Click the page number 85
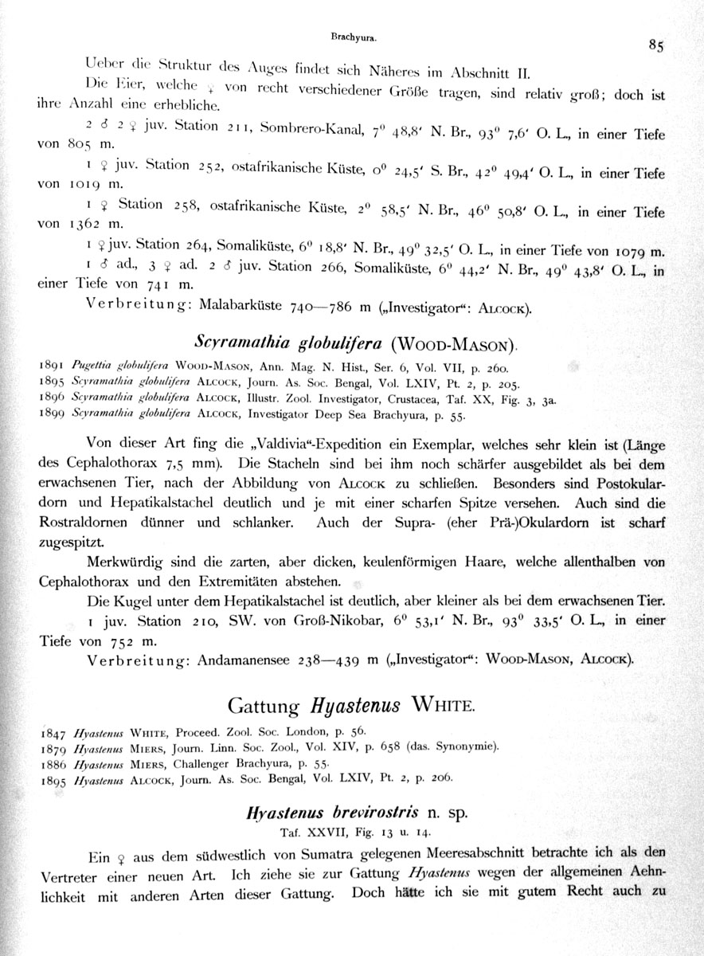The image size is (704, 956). (x=656, y=45)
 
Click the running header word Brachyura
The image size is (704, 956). (x=353, y=37)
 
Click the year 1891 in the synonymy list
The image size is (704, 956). (x=53, y=365)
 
